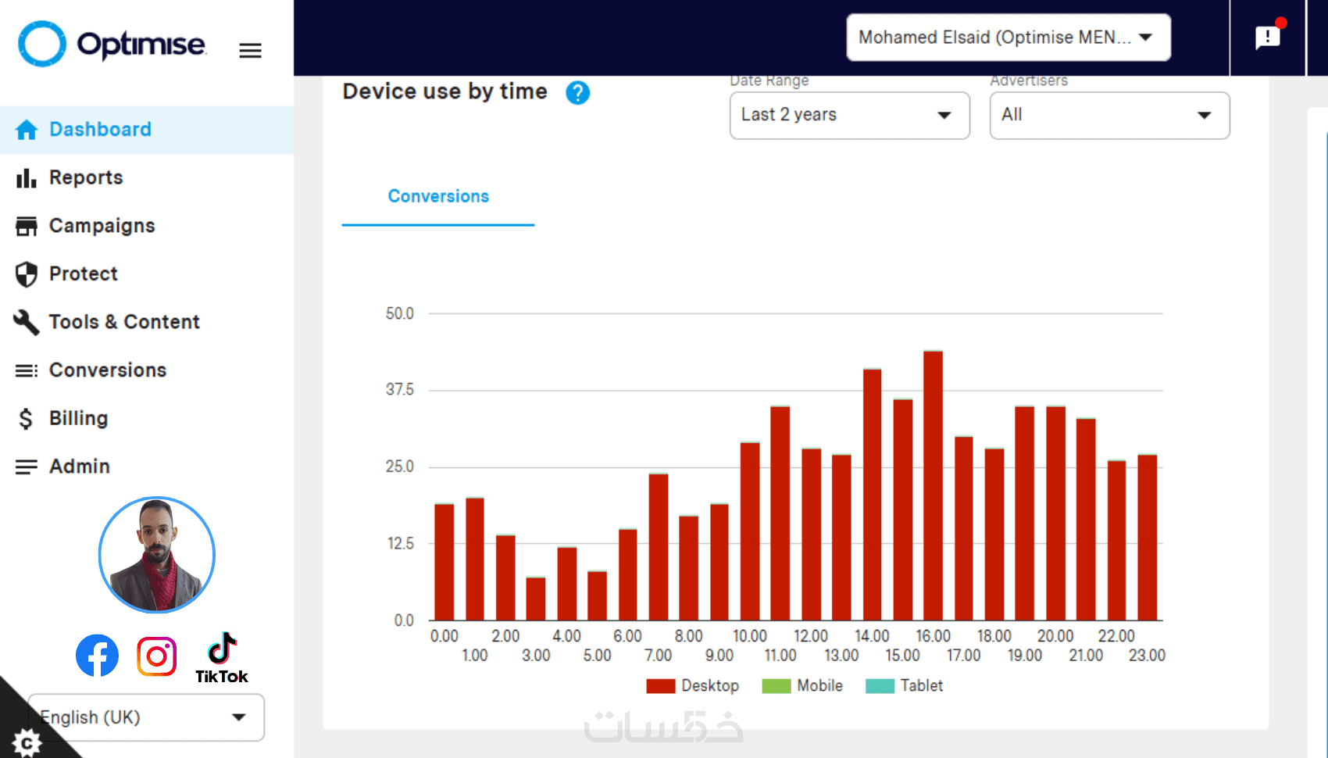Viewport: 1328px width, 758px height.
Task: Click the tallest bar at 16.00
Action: coord(933,484)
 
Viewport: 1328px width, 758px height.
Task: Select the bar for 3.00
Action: coord(536,599)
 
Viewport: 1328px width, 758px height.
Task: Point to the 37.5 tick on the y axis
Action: coord(399,389)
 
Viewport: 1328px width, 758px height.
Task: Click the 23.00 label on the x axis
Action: coord(1146,656)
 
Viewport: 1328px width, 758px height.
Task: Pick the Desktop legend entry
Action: coord(693,686)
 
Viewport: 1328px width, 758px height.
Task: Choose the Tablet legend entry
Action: coord(905,686)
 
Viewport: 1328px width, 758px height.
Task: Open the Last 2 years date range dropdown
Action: coord(849,116)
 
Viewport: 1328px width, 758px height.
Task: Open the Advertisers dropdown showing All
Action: coord(1109,116)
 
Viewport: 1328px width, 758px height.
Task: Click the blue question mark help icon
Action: coord(577,93)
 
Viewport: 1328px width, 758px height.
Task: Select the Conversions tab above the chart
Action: coord(438,197)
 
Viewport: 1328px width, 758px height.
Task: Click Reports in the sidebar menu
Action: coord(86,178)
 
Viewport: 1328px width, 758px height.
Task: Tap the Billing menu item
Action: coord(78,419)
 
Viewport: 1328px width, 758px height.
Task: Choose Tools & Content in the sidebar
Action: coord(124,322)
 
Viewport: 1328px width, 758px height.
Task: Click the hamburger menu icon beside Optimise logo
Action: coord(250,51)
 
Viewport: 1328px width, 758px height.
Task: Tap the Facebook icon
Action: coord(98,656)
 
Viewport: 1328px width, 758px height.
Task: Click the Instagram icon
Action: coord(157,656)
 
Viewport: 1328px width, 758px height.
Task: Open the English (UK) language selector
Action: coord(146,717)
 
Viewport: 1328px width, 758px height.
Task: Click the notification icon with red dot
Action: coord(1267,37)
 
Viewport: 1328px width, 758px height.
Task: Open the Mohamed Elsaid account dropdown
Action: coord(1008,38)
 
